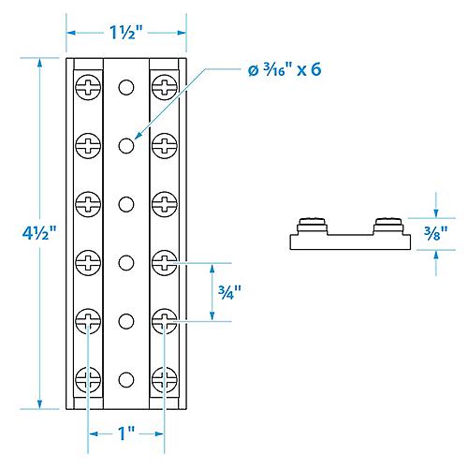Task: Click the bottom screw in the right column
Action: pyautogui.click(x=163, y=379)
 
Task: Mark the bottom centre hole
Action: pyautogui.click(x=125, y=379)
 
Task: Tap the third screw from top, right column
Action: pyautogui.click(x=163, y=203)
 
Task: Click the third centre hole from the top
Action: pyautogui.click(x=125, y=203)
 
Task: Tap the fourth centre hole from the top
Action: pyautogui.click(x=125, y=262)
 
